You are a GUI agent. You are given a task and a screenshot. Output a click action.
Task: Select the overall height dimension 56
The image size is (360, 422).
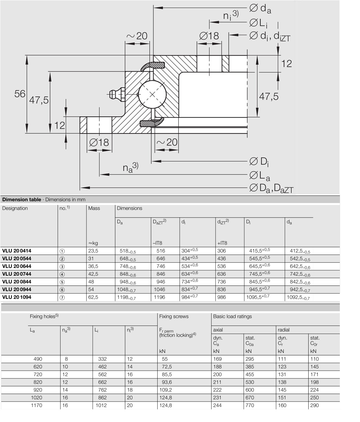coord(20,94)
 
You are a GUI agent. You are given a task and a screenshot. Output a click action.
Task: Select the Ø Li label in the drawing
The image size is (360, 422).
coord(259,23)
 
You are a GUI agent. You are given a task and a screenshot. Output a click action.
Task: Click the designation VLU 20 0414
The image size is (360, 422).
coord(17,251)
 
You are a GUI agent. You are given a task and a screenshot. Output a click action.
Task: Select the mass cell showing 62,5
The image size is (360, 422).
coord(93,297)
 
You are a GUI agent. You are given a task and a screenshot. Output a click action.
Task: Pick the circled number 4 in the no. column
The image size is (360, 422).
coord(62,274)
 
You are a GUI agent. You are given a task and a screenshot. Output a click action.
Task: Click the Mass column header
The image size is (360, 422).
coord(94,208)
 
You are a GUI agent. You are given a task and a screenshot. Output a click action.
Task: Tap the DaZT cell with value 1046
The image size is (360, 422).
coord(159,290)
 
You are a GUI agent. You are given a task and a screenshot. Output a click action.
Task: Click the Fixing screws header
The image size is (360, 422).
coord(174,316)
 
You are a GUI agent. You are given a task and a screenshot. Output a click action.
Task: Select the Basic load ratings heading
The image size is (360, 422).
coord(232,316)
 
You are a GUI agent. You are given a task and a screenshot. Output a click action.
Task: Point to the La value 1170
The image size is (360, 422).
coord(36,405)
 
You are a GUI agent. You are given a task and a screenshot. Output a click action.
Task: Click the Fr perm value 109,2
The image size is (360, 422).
coord(165,390)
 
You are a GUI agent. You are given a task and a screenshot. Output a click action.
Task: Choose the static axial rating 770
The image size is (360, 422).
coord(250,405)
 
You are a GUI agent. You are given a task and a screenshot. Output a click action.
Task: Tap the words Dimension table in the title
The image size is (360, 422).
coord(22,199)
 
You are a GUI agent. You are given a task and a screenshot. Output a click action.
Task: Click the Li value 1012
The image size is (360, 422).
coord(101,405)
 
